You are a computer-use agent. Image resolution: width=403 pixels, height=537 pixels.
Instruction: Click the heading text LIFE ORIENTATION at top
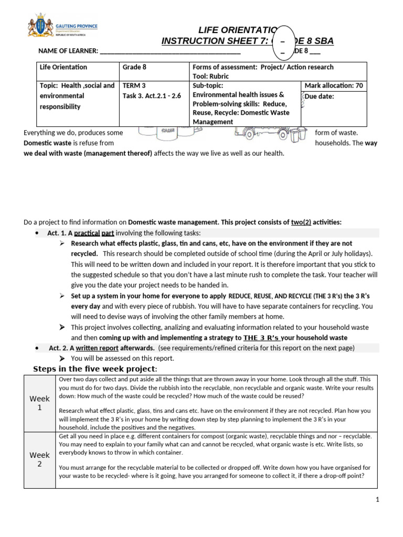[237, 30]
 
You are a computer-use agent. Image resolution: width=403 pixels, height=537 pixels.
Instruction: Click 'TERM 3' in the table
[133, 85]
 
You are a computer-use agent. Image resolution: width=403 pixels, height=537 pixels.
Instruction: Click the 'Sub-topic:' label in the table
[208, 85]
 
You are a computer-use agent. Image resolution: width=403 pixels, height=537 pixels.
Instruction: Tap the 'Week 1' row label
[39, 403]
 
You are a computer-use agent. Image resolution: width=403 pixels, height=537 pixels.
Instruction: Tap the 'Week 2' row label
[39, 459]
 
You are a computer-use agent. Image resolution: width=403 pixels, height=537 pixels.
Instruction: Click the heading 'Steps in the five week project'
[95, 369]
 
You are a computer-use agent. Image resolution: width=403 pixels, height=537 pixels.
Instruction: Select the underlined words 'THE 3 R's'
[261, 338]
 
